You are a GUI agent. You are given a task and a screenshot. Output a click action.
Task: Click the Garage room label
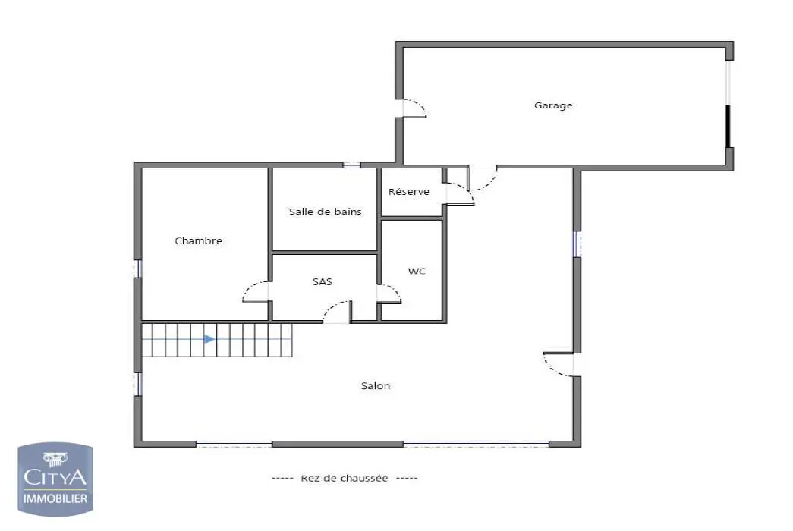coord(553,105)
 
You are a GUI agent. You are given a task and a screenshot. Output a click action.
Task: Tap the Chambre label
coord(199,240)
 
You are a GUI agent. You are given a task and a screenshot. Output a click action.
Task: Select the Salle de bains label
coord(325,212)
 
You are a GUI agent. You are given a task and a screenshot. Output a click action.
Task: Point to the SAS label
coord(323,281)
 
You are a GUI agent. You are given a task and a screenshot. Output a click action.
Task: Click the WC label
coord(417,271)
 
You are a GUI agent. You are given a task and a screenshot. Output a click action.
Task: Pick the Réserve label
coord(409,192)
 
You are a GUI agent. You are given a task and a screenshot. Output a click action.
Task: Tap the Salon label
coord(376,386)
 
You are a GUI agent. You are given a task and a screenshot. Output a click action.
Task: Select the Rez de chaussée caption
coord(345,478)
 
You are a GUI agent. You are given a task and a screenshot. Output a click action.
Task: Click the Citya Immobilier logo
coord(56,478)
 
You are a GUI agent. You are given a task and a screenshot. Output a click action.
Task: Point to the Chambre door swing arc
coord(255,291)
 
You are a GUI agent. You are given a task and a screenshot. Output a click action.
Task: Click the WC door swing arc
coord(390,294)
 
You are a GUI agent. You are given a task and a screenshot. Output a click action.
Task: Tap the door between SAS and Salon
coord(338,312)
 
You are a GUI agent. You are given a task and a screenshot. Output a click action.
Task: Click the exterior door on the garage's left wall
coord(414,108)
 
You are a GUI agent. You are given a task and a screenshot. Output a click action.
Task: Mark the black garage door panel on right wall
coord(728,126)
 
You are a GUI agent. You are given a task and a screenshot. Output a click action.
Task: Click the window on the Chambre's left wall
coord(138,269)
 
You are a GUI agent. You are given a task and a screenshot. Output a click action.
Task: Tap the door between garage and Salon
coord(483,177)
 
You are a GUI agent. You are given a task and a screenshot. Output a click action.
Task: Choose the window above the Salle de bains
coord(351,165)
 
